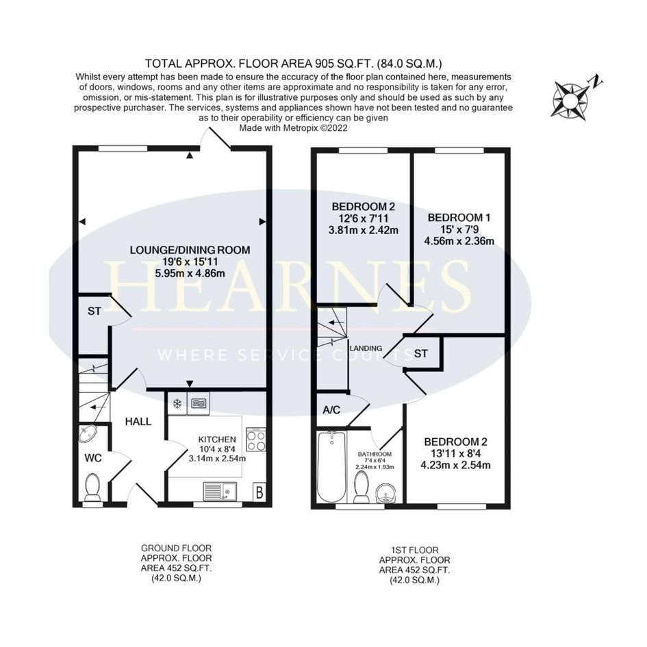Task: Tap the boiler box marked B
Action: [259, 492]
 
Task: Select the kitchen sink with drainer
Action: [220, 492]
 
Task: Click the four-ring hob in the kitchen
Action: [256, 440]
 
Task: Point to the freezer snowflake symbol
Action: [177, 403]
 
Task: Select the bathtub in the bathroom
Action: [331, 466]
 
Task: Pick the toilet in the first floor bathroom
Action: [362, 487]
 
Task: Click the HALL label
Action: [138, 422]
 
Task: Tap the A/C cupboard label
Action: [331, 409]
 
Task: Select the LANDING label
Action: [366, 348]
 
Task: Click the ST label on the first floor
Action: [420, 353]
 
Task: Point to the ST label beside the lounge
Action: [94, 311]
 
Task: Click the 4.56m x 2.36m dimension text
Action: [459, 241]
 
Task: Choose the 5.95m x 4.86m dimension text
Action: [190, 273]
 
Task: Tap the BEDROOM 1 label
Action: [459, 218]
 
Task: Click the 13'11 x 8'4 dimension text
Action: [455, 453]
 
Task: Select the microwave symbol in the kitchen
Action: [199, 403]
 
